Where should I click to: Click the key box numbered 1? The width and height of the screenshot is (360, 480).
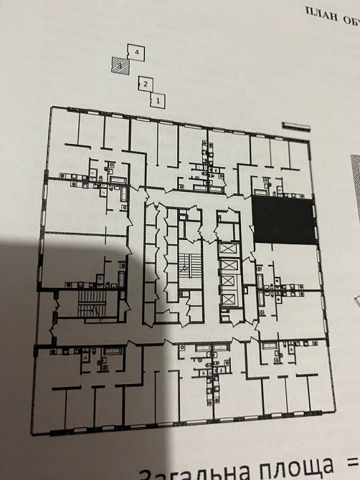coord(157,101)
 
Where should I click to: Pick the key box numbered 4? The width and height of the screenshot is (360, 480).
coord(136,52)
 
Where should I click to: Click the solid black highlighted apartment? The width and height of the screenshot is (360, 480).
coord(283,222)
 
